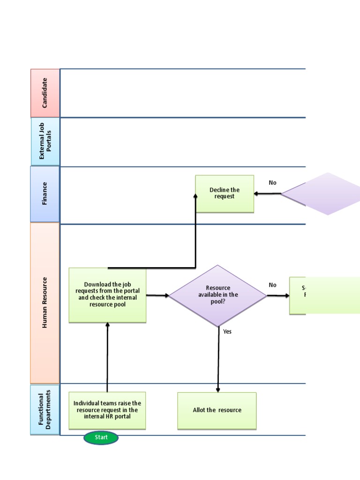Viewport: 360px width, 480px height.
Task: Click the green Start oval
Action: pos(101,437)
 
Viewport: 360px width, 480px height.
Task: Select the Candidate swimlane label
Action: pos(45,93)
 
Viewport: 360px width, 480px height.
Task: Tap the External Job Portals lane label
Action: pos(45,142)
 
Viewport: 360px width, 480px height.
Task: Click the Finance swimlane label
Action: pos(45,194)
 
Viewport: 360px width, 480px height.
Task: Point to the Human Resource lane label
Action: pos(45,303)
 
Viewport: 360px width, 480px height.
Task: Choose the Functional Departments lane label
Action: pos(45,410)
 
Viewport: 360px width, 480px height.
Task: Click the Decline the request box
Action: pos(225,194)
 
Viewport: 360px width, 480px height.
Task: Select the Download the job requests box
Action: pos(107,295)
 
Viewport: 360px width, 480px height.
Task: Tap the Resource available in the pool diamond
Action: pos(217,295)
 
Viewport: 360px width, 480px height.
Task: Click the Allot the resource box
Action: pos(217,410)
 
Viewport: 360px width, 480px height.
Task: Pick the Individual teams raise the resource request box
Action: pos(107,410)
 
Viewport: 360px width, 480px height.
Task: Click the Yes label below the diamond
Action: pos(227,331)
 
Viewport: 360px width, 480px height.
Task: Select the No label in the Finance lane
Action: pos(272,183)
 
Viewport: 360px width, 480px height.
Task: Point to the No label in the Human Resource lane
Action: pos(272,285)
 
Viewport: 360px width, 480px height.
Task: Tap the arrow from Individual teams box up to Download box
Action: pos(107,356)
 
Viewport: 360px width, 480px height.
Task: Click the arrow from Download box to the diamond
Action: pos(157,295)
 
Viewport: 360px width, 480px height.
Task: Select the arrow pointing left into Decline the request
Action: pos(267,194)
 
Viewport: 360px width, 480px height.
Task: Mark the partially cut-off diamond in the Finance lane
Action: pos(323,194)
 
